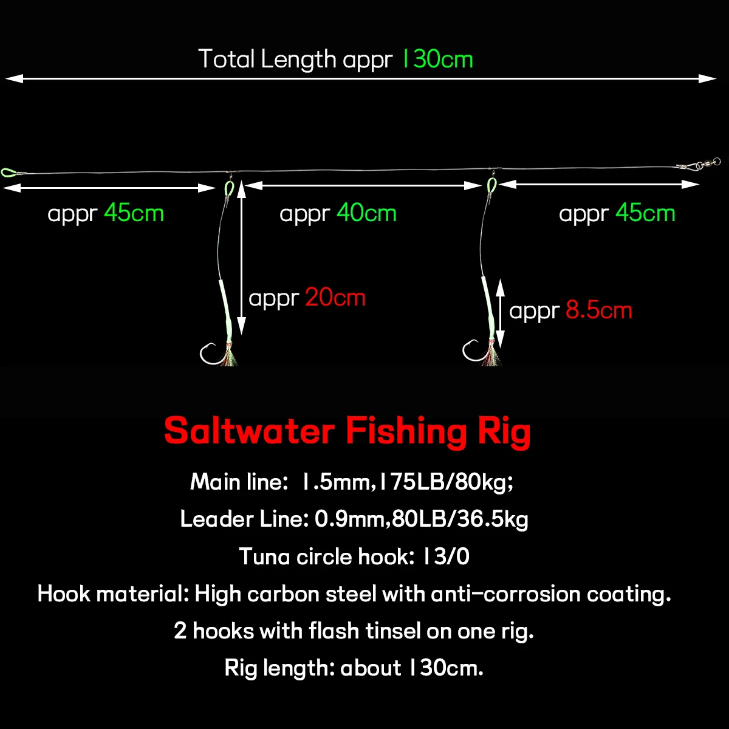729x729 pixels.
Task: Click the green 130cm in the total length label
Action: pyautogui.click(x=437, y=60)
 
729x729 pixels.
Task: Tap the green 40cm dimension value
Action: pyautogui.click(x=366, y=213)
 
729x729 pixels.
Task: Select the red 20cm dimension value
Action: pyautogui.click(x=335, y=298)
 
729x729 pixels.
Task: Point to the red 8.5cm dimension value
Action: pyautogui.click(x=599, y=310)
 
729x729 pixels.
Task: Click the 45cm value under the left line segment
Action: pyautogui.click(x=134, y=213)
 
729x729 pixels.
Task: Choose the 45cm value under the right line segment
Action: pyautogui.click(x=645, y=213)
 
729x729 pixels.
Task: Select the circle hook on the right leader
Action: pyautogui.click(x=473, y=351)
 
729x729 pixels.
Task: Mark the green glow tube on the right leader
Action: pyautogui.click(x=488, y=307)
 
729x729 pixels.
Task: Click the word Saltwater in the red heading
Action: pyautogui.click(x=249, y=431)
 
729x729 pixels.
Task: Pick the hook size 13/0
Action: pyautogui.click(x=445, y=556)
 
